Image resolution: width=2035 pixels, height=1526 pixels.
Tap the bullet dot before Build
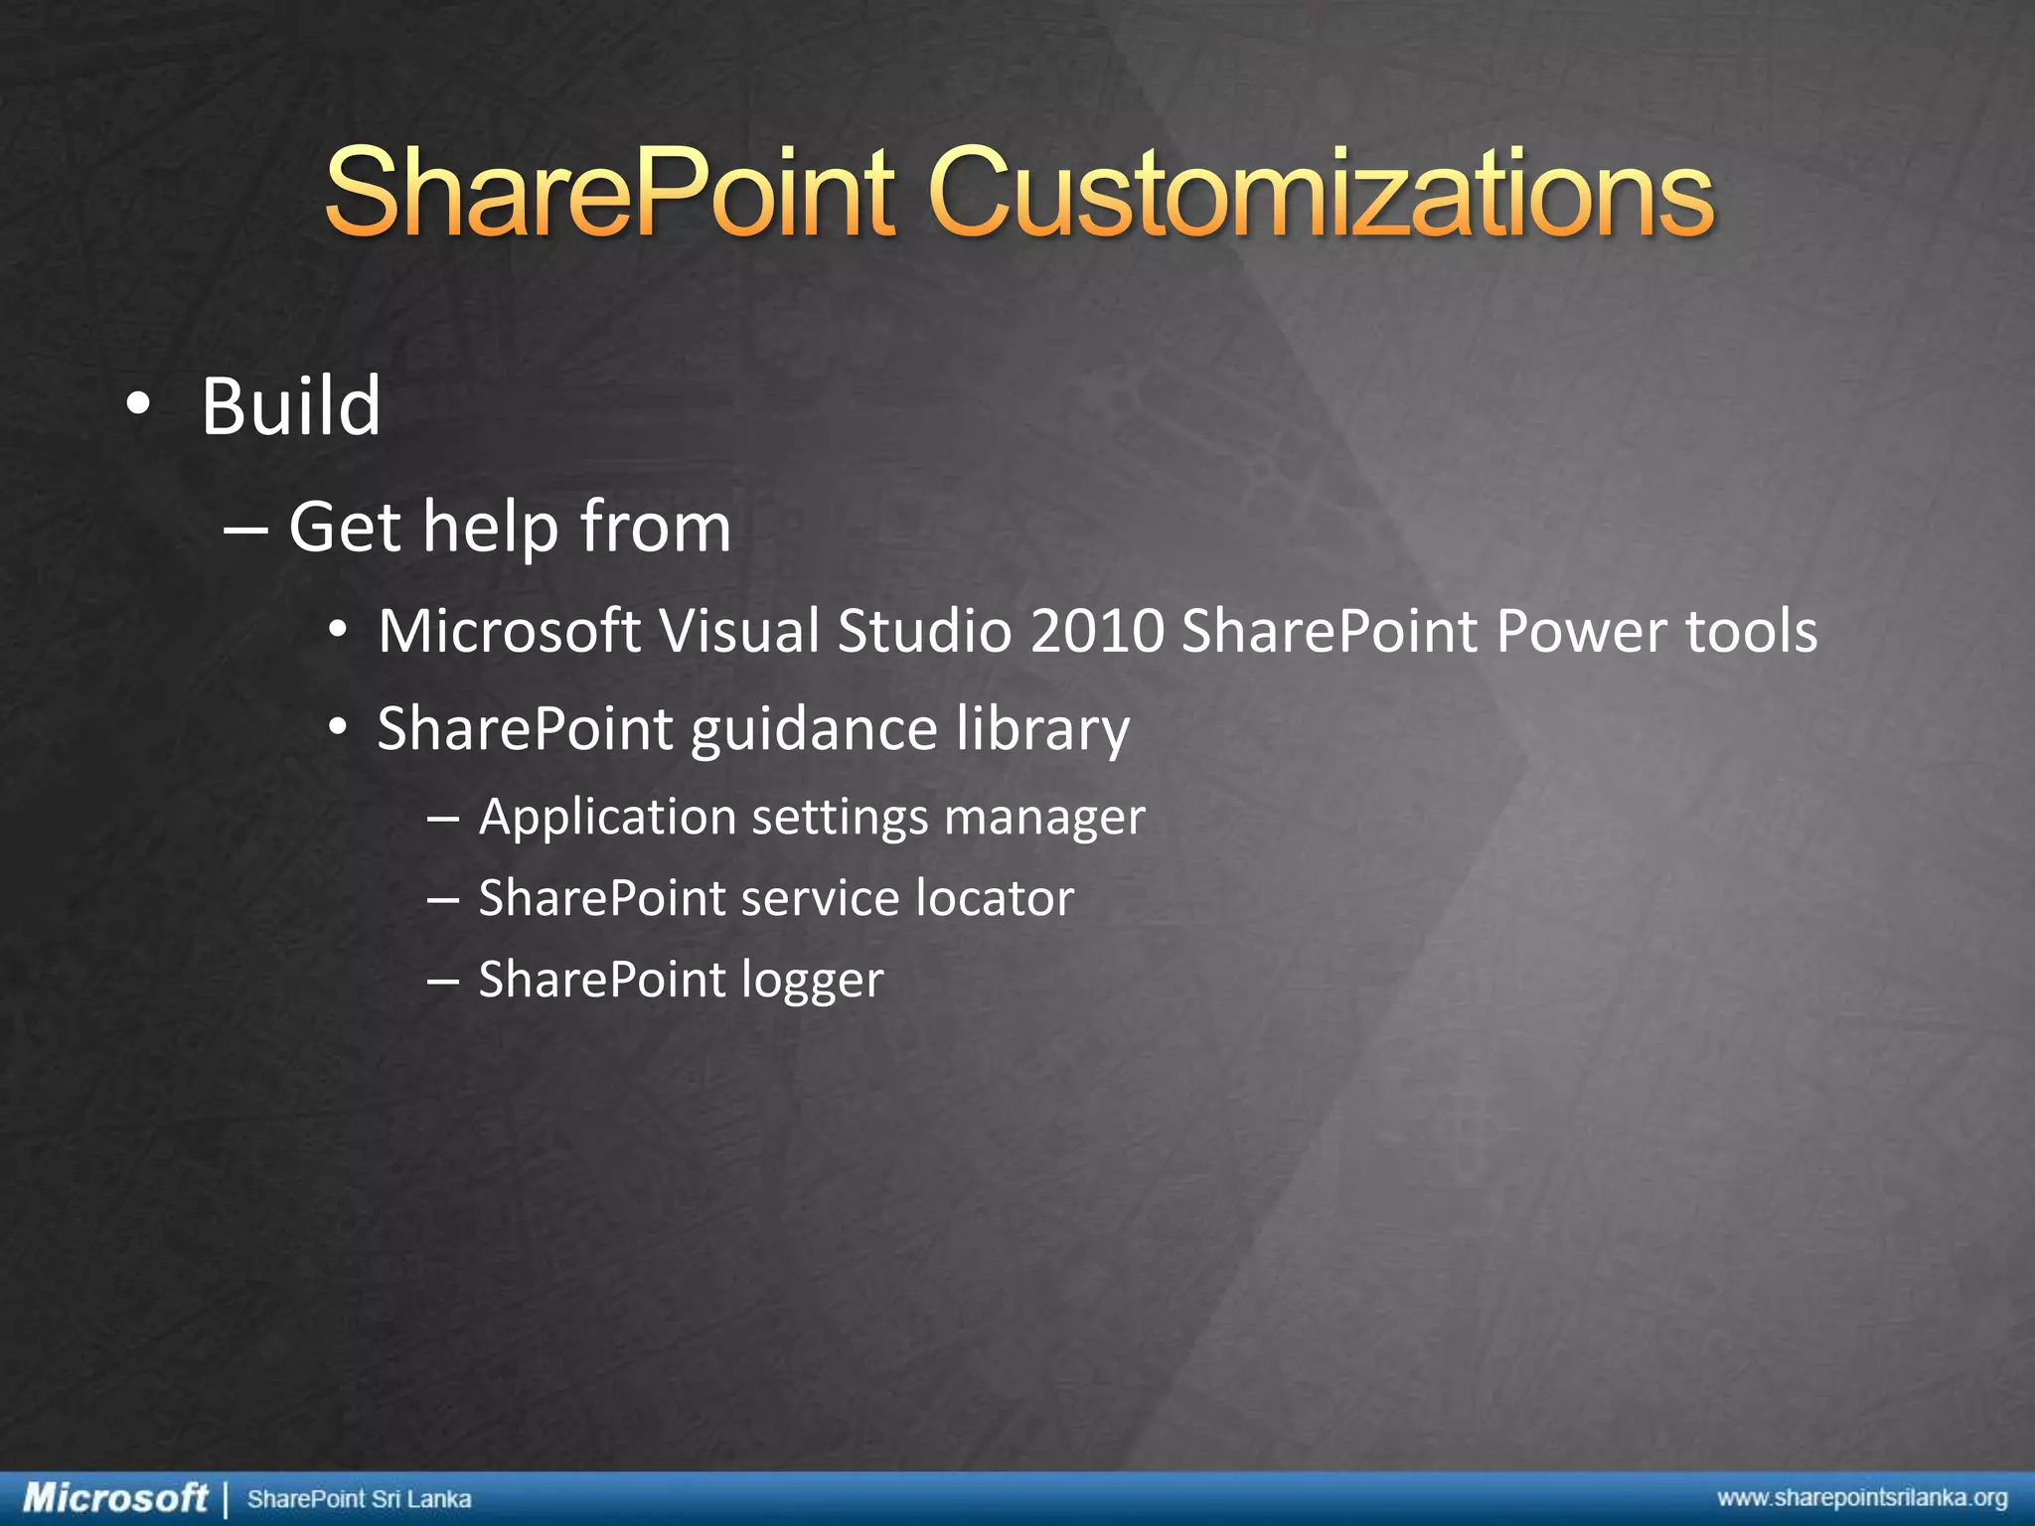pyautogui.click(x=138, y=404)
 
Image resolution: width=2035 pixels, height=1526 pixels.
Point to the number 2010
pyautogui.click(x=1097, y=631)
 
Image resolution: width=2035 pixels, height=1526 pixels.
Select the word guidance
pyautogui.click(x=814, y=730)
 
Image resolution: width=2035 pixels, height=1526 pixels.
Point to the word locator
pyautogui.click(x=995, y=898)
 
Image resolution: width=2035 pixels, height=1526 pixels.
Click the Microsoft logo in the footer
pyautogui.click(x=115, y=1497)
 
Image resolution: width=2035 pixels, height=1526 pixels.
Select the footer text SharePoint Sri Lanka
pyautogui.click(x=359, y=1498)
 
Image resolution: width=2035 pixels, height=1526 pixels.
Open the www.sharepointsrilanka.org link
pyautogui.click(x=1862, y=1498)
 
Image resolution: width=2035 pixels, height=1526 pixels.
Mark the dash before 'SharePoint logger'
pyautogui.click(x=442, y=981)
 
